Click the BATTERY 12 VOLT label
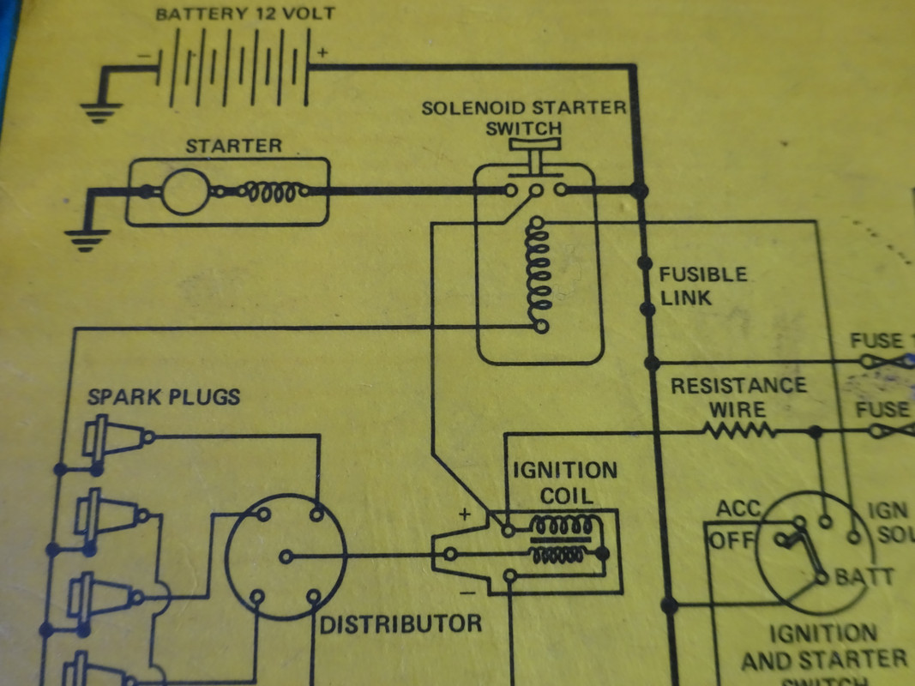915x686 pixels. [x=244, y=15]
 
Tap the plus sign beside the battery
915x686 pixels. [x=322, y=52]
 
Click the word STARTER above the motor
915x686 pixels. [x=233, y=146]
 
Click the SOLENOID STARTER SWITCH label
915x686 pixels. [x=523, y=118]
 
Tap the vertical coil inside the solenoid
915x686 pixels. [x=539, y=274]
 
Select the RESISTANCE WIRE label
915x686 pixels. [x=738, y=397]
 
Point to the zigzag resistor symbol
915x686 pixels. [x=740, y=430]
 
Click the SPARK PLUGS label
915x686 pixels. [x=164, y=398]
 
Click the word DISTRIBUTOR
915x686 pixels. [x=400, y=623]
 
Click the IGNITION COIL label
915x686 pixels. [x=564, y=483]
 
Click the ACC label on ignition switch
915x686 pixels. [x=738, y=509]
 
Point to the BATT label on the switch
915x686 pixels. [x=864, y=577]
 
